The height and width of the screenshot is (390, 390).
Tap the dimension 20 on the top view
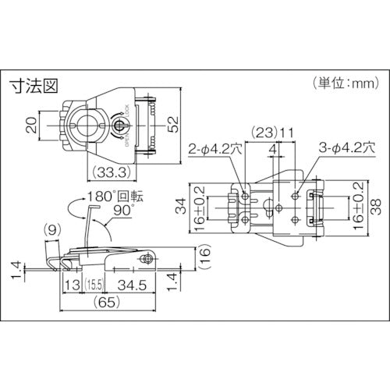pyautogui.click(x=29, y=125)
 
